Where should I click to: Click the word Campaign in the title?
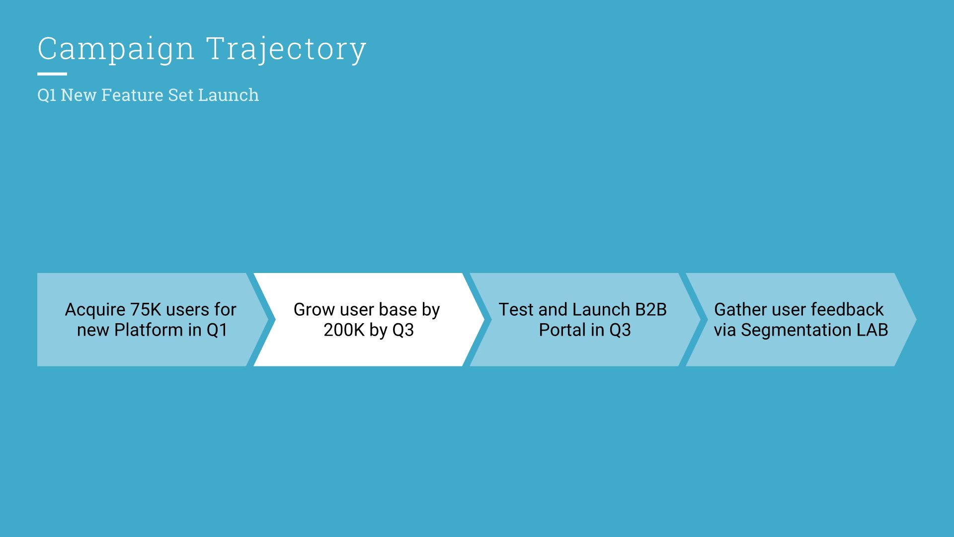pos(116,49)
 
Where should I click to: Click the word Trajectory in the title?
pos(286,49)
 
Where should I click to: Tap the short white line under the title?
pos(52,74)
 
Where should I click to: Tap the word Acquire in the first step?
pos(95,309)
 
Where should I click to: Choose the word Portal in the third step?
pos(562,330)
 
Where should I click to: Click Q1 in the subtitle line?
pos(47,94)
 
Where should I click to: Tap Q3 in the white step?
pos(403,330)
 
